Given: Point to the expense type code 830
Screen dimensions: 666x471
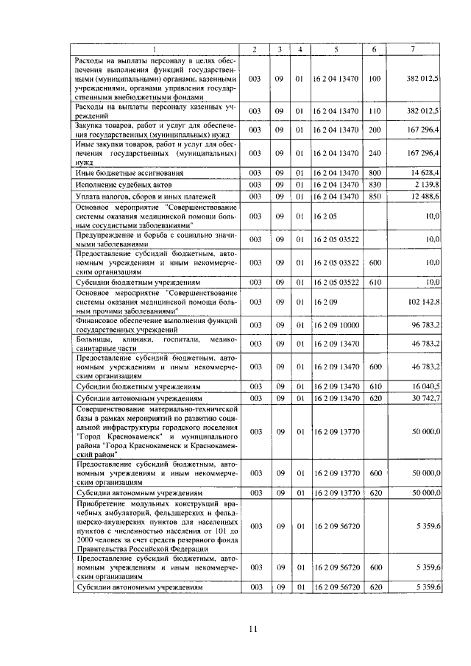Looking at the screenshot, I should (375, 184).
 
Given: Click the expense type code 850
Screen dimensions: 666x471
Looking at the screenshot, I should (375, 196).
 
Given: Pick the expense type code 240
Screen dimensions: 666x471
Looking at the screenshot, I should (375, 153).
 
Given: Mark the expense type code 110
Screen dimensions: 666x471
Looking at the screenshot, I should (375, 110).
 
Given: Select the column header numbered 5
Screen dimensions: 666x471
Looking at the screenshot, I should (335, 49).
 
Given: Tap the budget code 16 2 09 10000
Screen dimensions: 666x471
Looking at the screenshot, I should (336, 324).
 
